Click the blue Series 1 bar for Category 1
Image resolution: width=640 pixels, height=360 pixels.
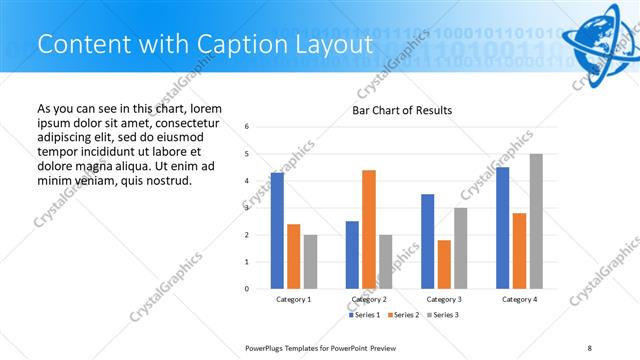click(277, 230)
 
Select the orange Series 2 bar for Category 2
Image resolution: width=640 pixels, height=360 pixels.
click(369, 229)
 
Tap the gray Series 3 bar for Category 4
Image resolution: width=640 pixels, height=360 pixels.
click(536, 221)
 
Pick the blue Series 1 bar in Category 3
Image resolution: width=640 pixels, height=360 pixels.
click(428, 241)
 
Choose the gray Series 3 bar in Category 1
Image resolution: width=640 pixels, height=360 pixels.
click(310, 261)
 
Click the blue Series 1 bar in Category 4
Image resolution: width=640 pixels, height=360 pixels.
click(503, 228)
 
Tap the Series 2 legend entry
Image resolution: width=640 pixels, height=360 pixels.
click(402, 315)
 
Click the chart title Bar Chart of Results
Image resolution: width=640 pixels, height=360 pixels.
click(402, 110)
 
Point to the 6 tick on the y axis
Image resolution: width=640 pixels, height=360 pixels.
click(247, 126)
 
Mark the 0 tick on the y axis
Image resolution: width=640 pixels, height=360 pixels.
click(247, 289)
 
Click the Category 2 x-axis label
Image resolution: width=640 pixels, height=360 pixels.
click(369, 299)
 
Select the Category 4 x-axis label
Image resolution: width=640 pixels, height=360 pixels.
click(519, 299)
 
